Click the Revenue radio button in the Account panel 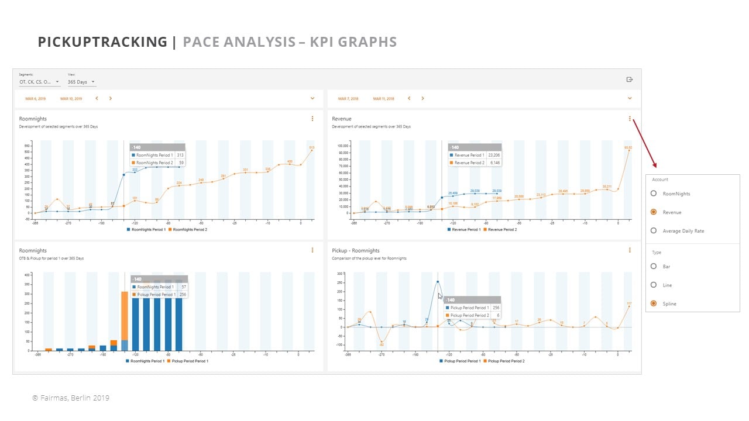(x=654, y=212)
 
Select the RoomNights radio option (x=654, y=194)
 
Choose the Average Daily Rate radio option (x=654, y=231)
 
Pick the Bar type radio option (x=654, y=267)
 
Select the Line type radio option (x=654, y=285)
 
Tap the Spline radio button (x=654, y=304)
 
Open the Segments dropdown (x=39, y=82)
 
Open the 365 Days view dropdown (x=81, y=82)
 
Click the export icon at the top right (x=630, y=80)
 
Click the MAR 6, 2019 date (x=35, y=99)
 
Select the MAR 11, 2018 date (x=383, y=99)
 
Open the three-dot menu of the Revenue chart (x=630, y=119)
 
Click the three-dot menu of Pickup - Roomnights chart (x=630, y=250)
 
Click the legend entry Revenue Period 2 (x=501, y=230)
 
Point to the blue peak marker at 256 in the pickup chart (x=438, y=282)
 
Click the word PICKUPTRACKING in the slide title (x=102, y=42)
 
